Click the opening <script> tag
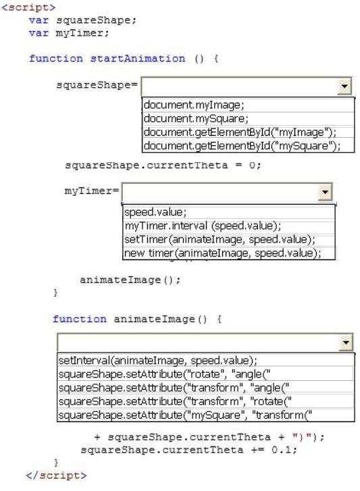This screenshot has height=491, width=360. [28, 7]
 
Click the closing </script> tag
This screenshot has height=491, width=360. [56, 475]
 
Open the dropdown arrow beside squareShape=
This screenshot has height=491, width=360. [344, 86]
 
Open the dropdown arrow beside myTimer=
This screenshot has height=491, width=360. [325, 192]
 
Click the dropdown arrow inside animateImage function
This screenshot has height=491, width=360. [346, 342]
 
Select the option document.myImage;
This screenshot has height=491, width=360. [194, 105]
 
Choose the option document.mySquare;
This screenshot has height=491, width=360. [196, 119]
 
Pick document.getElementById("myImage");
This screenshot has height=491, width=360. [240, 132]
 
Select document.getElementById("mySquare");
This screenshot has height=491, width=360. [242, 146]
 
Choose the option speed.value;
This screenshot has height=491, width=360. [155, 212]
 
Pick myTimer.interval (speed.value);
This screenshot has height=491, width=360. [203, 226]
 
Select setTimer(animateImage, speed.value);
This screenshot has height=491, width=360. [220, 240]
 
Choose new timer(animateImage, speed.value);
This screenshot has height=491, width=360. [223, 253]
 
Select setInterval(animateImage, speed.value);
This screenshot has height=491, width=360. [158, 361]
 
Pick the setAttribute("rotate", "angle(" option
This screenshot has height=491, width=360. [164, 374]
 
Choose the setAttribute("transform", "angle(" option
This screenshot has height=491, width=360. [174, 388]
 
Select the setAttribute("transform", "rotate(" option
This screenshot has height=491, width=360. [175, 401]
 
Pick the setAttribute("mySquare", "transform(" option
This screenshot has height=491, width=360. [185, 415]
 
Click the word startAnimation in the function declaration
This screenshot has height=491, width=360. [138, 59]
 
